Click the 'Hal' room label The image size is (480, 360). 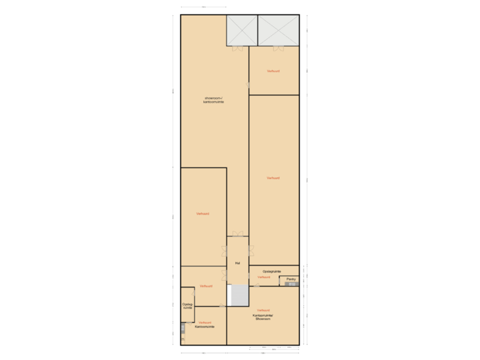click(x=237, y=263)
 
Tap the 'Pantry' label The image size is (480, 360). click(x=291, y=279)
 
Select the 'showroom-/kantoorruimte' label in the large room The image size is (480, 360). click(x=213, y=100)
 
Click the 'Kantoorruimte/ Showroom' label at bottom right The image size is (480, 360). click(x=263, y=317)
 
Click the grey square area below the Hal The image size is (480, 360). click(x=239, y=295)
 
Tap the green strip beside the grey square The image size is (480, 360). click(x=229, y=295)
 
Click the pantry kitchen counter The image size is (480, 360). click(x=291, y=285)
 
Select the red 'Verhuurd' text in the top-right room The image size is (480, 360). click(x=273, y=71)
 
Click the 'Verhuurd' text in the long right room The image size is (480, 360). click(x=273, y=178)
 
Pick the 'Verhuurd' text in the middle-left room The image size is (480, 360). click(x=203, y=213)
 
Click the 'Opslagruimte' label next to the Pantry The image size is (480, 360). click(x=272, y=271)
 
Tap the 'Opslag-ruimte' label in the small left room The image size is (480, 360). click(x=187, y=306)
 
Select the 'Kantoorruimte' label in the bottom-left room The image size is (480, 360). click(x=205, y=327)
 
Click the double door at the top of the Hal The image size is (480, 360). click(x=237, y=234)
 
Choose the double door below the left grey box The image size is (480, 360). click(x=237, y=47)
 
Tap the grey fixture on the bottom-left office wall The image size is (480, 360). click(x=182, y=328)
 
